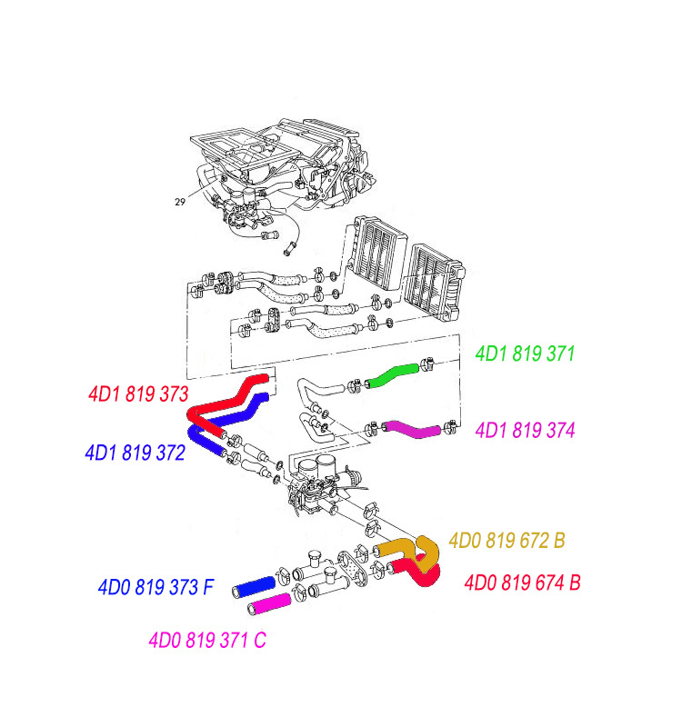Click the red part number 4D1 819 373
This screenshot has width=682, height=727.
click(x=138, y=394)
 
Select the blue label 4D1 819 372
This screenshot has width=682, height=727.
click(x=135, y=452)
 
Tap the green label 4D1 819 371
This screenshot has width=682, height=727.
click(x=525, y=354)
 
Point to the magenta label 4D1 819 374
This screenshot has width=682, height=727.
click(x=526, y=429)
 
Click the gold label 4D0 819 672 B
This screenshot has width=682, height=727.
click(x=506, y=541)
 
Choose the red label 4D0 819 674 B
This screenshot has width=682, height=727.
click(x=522, y=583)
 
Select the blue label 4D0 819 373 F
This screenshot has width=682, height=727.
click(x=155, y=587)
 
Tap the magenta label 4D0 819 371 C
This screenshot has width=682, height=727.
click(x=207, y=640)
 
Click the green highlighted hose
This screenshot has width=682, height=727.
click(x=392, y=374)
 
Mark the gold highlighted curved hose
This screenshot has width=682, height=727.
click(x=409, y=548)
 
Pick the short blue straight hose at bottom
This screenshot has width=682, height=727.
click(x=254, y=586)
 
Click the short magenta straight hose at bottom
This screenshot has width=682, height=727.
click(x=270, y=602)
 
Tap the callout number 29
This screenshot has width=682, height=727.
click(x=181, y=202)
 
